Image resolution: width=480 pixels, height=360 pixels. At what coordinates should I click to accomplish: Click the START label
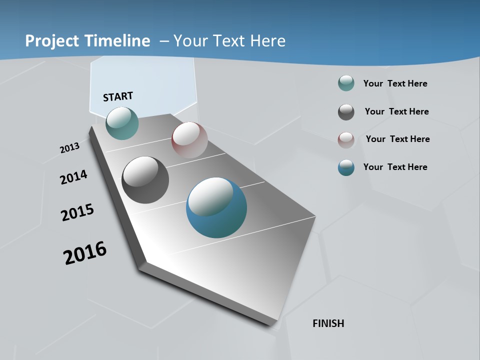click(118, 96)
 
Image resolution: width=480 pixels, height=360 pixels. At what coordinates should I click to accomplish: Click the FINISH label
click(328, 323)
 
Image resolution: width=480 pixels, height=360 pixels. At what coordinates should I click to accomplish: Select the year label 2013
click(69, 147)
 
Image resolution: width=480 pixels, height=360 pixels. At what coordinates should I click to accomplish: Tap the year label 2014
click(73, 177)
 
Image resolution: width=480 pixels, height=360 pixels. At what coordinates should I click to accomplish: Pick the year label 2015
click(77, 212)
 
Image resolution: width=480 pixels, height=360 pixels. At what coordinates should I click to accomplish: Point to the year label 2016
click(85, 253)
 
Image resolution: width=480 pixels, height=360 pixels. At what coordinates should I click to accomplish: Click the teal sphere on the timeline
click(122, 123)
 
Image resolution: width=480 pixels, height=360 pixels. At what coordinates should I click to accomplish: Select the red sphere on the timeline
click(189, 140)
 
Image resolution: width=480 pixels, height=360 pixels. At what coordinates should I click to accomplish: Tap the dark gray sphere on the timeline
click(145, 180)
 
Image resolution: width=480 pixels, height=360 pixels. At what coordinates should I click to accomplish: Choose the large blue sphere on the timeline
click(216, 207)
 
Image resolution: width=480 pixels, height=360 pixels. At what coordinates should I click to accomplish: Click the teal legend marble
click(346, 83)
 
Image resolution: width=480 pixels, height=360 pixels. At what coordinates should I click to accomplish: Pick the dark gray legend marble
click(346, 112)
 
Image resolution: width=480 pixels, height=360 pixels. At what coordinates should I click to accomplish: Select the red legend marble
click(346, 139)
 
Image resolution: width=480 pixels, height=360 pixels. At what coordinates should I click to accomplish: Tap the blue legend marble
click(346, 167)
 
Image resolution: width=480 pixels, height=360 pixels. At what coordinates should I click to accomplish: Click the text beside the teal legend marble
click(395, 83)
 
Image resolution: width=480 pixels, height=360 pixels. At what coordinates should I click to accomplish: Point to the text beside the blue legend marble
click(395, 167)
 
